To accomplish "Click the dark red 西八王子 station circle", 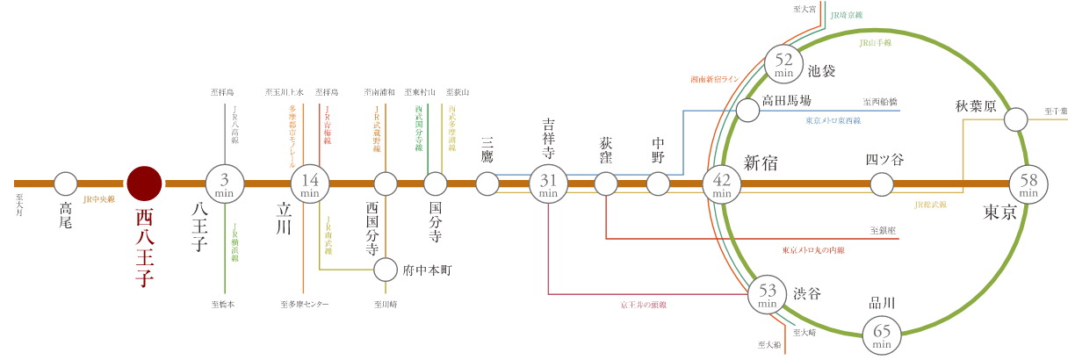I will coord(144,184).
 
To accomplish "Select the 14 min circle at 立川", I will coord(309,184).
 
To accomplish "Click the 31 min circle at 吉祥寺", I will coord(549,184).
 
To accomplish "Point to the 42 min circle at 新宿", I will coord(722,184).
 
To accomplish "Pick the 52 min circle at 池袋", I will coord(784,63).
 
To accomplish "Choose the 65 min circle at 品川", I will coord(883,334).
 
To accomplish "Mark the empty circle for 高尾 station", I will coord(66,184).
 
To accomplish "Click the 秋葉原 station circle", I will coord(1016,119).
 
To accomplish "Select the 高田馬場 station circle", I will coord(747,111).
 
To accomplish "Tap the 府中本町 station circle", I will coord(385,268).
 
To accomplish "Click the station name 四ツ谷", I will coord(884,160).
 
